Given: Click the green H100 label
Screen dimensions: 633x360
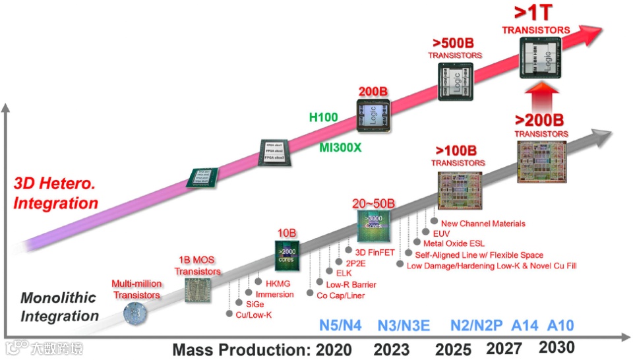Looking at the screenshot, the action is tap(324, 117).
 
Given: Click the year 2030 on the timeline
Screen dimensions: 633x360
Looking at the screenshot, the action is tap(557, 347).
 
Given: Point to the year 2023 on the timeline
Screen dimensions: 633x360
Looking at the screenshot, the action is tap(392, 349).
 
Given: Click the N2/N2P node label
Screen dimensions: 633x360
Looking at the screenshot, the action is tap(477, 326).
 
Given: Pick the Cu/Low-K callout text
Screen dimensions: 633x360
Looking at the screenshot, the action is tap(254, 315).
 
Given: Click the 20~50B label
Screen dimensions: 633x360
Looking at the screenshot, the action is tap(373, 202).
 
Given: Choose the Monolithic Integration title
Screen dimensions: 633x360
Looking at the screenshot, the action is tap(59, 307).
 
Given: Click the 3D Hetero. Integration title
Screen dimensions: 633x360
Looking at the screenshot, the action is tap(56, 193).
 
